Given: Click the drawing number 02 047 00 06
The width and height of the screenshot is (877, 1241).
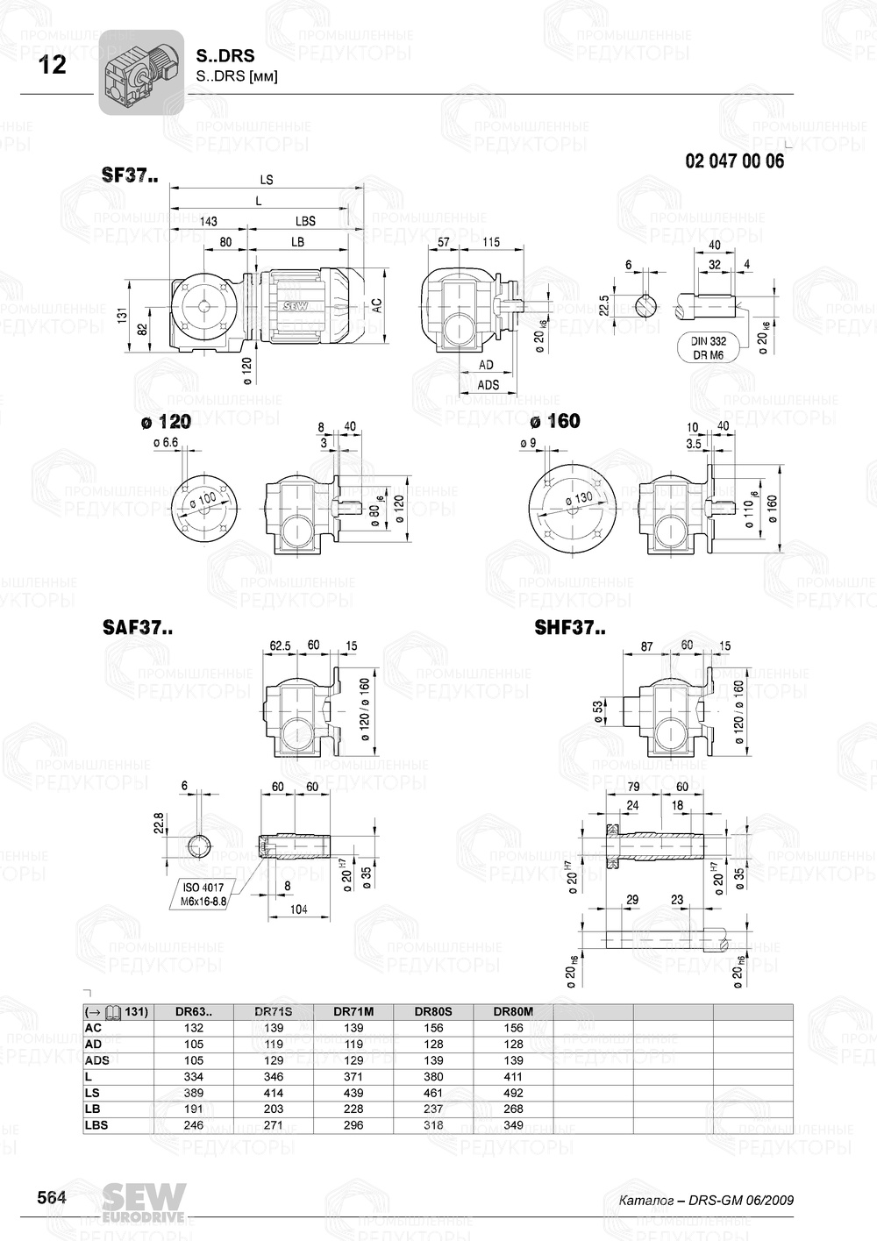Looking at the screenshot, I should click(734, 161).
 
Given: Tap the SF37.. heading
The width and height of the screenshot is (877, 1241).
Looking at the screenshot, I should click(130, 175).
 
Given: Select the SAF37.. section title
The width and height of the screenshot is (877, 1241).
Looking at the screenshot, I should click(138, 628).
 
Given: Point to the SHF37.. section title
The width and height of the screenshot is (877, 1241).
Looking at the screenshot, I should click(569, 628).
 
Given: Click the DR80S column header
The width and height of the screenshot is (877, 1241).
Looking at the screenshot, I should click(433, 1011).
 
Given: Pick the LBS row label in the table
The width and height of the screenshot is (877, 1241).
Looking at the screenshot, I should click(96, 1125).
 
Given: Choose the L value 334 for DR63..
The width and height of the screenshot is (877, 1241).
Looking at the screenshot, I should click(193, 1077).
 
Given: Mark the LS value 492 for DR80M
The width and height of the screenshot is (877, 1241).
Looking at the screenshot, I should click(513, 1093).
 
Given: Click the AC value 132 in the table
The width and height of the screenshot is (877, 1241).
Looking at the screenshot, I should click(193, 1028).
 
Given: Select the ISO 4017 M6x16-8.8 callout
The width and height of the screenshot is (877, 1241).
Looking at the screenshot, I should click(203, 895).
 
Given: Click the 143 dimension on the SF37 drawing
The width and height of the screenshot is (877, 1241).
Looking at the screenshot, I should click(208, 222).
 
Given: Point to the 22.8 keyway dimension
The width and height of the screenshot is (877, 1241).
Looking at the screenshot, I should click(159, 824).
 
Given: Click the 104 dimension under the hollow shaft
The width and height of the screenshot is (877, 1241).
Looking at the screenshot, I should click(299, 909).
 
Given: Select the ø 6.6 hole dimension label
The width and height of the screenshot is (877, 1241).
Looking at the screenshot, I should click(165, 444).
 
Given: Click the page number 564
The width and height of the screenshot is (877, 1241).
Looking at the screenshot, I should click(51, 1197).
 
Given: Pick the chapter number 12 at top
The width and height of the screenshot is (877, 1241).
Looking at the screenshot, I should click(53, 65).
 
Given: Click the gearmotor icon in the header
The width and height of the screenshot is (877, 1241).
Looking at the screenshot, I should click(140, 73).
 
